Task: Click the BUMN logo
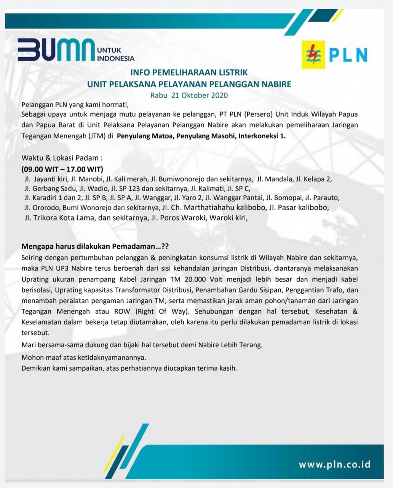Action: click(56, 50)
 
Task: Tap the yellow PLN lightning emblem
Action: click(313, 55)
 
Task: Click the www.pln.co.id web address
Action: click(334, 464)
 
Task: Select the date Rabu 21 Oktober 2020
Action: click(189, 95)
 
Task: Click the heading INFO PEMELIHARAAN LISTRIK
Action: click(189, 72)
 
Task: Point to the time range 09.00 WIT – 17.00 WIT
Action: click(62, 169)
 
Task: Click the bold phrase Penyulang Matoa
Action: click(144, 136)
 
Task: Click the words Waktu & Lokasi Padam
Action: click(62, 157)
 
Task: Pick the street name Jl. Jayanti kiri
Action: click(46, 179)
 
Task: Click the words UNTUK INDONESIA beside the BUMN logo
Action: click(116, 54)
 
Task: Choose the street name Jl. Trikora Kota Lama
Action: click(59, 218)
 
